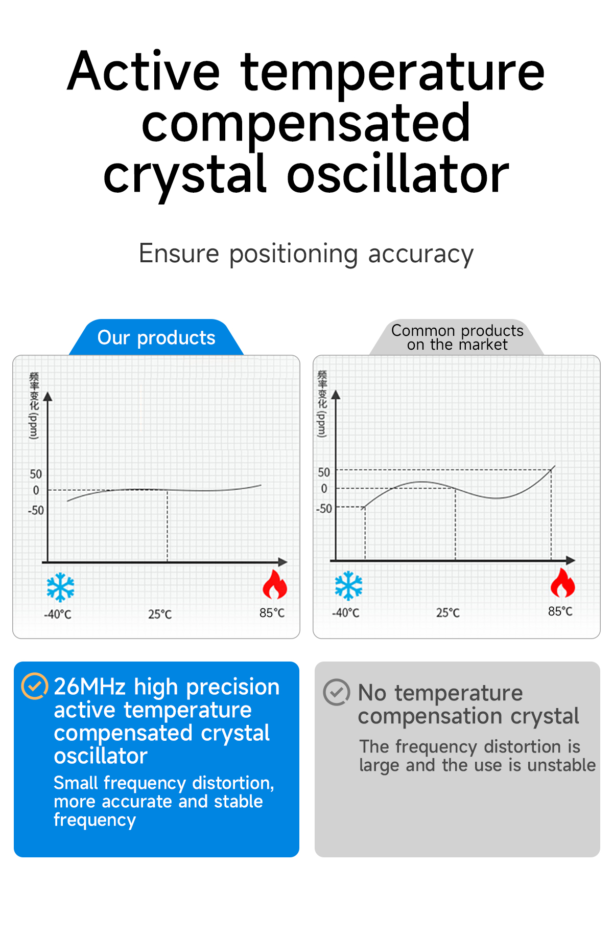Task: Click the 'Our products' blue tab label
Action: pos(156,337)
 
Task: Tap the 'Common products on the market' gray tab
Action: pos(457,337)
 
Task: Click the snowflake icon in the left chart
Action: pos(60,587)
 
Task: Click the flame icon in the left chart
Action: pos(275,585)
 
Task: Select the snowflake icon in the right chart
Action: pos(348,585)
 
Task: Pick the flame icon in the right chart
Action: pos(563,583)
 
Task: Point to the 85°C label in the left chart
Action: pos(272,612)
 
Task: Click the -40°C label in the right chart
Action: pos(346,612)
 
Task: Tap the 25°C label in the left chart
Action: pos(160,614)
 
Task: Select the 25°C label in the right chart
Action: pos(448,612)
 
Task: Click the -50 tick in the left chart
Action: pos(36,510)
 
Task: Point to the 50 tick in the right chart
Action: pos(324,472)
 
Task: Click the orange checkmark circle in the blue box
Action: pos(35,686)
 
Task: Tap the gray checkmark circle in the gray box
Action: pos(337,692)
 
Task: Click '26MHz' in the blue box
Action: pos(90,687)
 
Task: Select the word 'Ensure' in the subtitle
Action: pos(179,254)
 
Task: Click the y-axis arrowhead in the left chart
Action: pos(48,397)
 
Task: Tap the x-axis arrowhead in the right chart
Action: pos(571,560)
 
